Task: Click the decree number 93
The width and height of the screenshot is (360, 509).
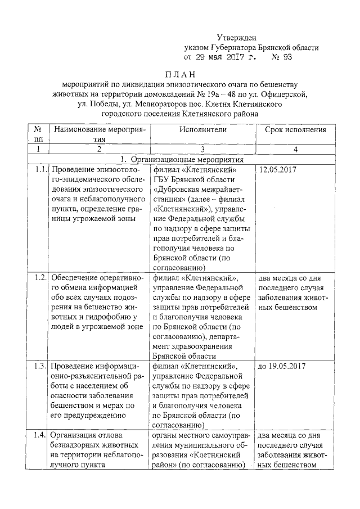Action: coord(286,57)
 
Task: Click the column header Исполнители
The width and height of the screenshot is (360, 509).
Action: coord(203,129)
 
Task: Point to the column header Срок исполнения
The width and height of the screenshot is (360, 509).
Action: coord(295,129)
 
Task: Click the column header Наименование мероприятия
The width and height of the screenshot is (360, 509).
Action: coord(100,134)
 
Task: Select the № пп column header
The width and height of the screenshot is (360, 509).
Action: coord(38,134)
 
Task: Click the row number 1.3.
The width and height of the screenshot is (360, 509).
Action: coord(39,366)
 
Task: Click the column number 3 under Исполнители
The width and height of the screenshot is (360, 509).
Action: coord(203,150)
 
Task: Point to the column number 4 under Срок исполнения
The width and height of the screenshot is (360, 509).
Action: coord(295,150)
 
